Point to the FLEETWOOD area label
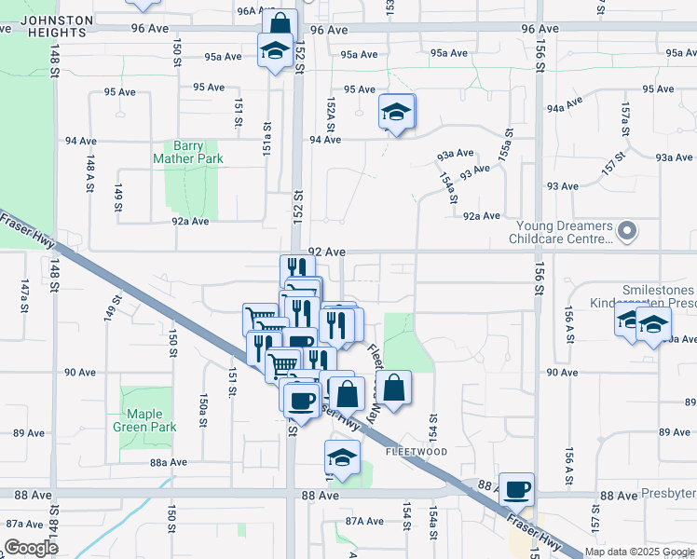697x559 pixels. point(417,452)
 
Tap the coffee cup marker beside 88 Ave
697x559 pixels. point(516,487)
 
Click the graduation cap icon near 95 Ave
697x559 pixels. point(397,112)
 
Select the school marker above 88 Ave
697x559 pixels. point(342,457)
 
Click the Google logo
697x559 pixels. point(32,548)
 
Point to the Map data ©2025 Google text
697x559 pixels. point(639,552)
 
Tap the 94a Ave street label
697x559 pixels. point(565,107)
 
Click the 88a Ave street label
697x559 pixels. point(169,462)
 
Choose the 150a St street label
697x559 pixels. point(203,410)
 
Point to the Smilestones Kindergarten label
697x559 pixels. point(643,296)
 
